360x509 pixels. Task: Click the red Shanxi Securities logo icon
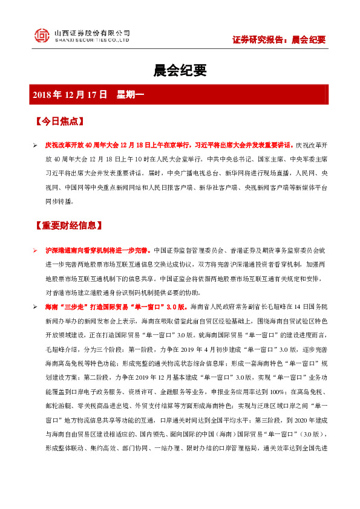(42, 36)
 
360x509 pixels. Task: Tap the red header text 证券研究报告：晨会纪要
(279, 40)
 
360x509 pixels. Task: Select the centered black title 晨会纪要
(180, 71)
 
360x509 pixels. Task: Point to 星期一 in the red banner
(130, 94)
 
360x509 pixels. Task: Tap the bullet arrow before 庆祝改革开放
(35, 146)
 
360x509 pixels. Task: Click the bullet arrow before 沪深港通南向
(35, 250)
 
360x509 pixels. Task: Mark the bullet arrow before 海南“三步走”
(35, 308)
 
